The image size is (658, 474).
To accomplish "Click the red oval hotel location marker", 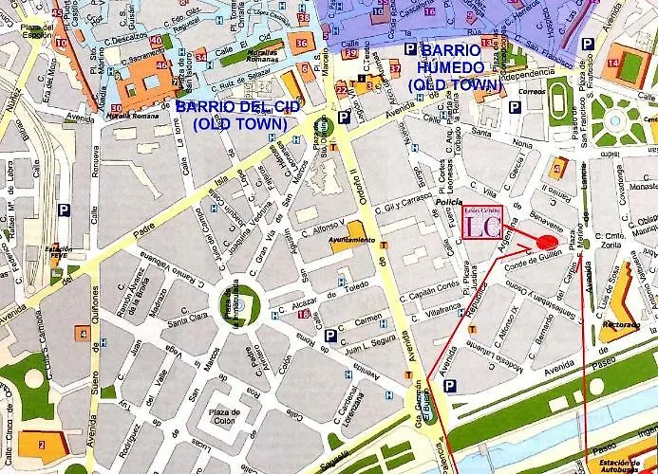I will pos(546,242).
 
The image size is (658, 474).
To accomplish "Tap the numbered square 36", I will pos(302,43).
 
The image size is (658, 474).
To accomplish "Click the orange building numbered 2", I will pos(40,444).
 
